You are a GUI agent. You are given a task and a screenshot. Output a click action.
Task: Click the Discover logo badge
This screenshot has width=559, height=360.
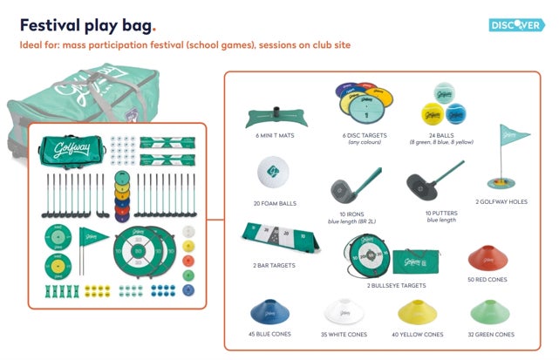pos(516,24)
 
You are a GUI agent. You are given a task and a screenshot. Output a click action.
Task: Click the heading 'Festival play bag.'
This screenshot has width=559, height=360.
pos(88,24)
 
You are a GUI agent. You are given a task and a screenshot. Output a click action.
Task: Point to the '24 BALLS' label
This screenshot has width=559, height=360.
pos(443,135)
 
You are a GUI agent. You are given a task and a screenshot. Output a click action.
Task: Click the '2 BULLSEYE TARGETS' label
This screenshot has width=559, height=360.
pos(396,285)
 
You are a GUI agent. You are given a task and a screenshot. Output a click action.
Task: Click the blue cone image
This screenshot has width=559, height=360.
pos(269,311)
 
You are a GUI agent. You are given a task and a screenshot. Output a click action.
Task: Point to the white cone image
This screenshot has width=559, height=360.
pos(344,311)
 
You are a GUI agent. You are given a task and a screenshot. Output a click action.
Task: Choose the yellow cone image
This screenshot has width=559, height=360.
pos(417,312)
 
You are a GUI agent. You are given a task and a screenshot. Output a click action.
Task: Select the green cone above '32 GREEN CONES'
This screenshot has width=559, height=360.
pos(491,312)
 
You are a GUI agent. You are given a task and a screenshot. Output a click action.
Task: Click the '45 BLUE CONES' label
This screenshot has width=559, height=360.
pos(270,335)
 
